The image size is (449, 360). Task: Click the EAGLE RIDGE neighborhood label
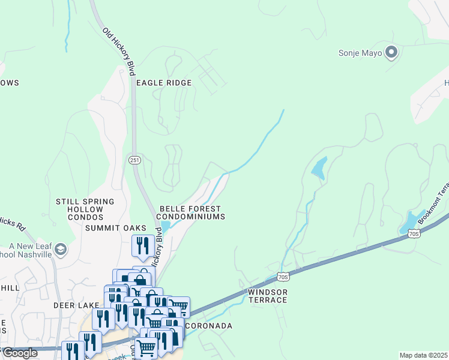pos(163,83)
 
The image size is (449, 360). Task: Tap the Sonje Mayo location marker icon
pos(392,53)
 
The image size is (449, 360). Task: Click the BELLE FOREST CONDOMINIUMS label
pos(191,212)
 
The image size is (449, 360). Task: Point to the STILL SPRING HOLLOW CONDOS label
pos(85,209)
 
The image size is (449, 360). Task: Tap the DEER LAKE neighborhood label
pos(76,305)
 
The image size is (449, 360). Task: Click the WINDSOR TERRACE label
pos(268,296)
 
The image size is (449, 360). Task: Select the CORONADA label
pos(208,326)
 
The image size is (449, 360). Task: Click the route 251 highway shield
pos(134,160)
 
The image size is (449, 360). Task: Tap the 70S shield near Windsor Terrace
pos(284,277)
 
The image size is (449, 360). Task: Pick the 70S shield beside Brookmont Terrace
pos(412,233)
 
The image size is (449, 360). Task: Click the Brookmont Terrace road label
pos(434,205)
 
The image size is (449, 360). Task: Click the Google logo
pos(19,353)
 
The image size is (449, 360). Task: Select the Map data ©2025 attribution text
pos(423,355)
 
